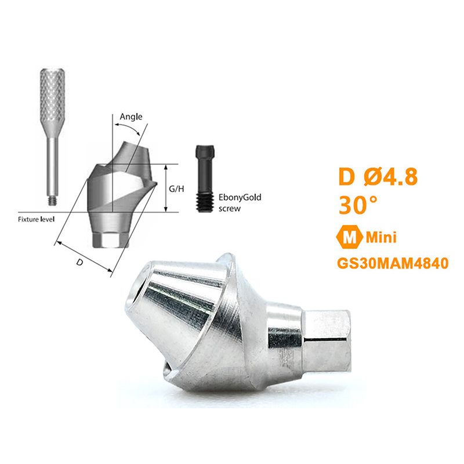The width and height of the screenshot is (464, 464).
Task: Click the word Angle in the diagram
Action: [x=131, y=117]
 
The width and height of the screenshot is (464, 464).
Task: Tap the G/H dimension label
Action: [x=176, y=189]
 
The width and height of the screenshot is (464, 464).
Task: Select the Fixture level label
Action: [x=36, y=219]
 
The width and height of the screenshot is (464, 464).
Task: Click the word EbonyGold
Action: [x=240, y=197]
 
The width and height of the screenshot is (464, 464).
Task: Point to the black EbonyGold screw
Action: [x=205, y=179]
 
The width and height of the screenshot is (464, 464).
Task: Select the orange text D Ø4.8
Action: [x=378, y=177]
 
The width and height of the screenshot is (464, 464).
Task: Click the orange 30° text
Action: [x=358, y=205]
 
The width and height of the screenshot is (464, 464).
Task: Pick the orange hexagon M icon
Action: [x=350, y=237]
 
